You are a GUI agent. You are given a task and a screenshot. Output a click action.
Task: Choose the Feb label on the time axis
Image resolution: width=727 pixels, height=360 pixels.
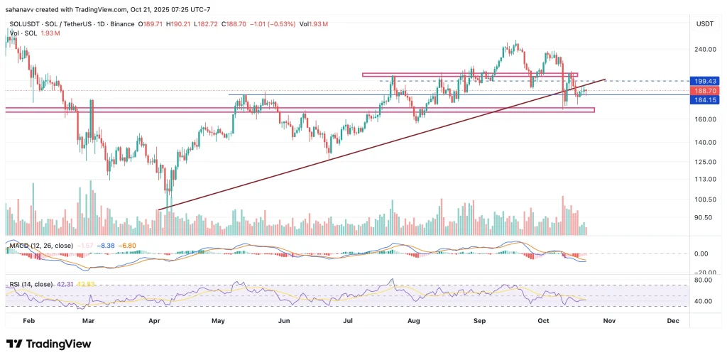(28, 321)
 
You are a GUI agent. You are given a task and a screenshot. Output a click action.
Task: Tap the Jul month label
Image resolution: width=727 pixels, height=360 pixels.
(349, 321)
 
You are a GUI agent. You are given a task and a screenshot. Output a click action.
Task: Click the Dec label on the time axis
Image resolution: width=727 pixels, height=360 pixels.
(673, 321)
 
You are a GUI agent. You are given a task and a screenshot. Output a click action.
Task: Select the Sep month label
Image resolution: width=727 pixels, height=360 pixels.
(481, 321)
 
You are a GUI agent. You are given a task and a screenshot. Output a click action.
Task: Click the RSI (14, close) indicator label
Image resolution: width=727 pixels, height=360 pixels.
(31, 284)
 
